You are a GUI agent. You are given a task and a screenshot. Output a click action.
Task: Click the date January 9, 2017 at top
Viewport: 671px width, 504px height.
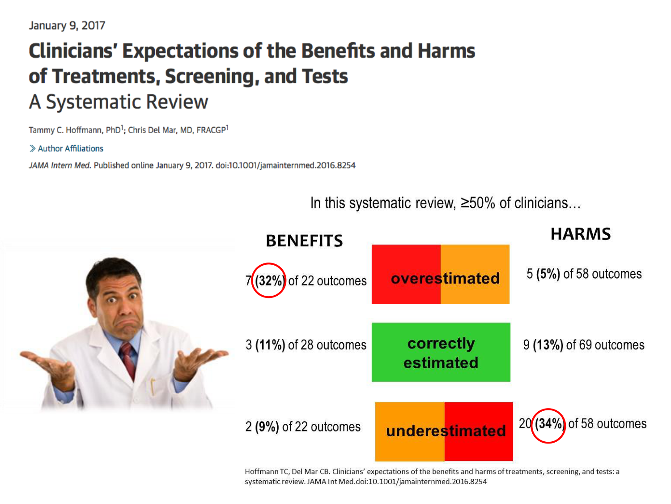67,26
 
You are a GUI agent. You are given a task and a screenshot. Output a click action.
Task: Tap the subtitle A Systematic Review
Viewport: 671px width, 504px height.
119,102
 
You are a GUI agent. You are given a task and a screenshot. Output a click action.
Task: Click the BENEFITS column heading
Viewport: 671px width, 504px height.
304,241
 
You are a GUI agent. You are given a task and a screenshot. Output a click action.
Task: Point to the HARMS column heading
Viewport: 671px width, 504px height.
580,234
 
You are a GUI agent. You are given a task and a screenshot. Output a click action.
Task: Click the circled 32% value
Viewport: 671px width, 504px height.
269,281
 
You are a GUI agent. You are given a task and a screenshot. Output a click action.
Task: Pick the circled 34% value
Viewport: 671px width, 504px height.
548,424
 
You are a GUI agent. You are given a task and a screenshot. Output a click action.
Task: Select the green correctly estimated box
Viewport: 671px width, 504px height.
441,353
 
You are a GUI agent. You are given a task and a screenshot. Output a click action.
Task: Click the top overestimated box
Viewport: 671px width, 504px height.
441,275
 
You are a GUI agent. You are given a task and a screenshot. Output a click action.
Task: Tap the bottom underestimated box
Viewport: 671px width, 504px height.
444,431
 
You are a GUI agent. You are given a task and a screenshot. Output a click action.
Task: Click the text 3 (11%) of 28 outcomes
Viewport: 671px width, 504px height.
306,345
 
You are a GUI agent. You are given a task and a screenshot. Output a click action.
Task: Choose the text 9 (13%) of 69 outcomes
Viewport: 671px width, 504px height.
584,345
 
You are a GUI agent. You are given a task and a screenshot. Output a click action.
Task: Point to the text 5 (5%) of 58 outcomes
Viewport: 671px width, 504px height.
584,274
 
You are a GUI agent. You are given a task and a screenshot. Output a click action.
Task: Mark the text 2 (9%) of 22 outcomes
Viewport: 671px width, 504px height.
303,426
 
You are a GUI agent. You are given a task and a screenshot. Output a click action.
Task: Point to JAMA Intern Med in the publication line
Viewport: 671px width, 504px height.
59,165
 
